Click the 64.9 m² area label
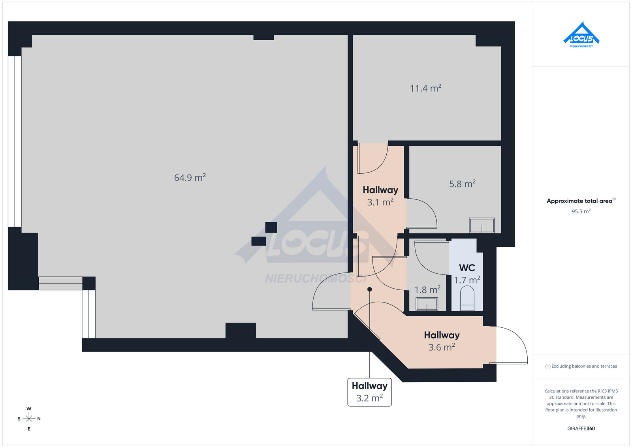click(190, 177)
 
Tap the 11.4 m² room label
click(425, 88)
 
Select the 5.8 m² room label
click(462, 184)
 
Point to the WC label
click(467, 268)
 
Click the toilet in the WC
click(467, 298)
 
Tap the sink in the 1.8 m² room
click(427, 304)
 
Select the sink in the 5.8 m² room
click(482, 225)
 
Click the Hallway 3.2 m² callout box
click(369, 392)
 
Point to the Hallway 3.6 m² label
click(442, 341)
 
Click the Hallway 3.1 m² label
click(380, 196)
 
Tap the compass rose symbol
click(29, 419)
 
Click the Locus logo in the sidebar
click(581, 35)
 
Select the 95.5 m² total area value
click(581, 211)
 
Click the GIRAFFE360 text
click(581, 428)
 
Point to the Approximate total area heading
click(581, 201)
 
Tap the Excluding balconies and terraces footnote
click(581, 366)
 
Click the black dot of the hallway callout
click(370, 289)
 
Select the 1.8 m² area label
click(427, 289)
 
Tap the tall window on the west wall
click(15, 141)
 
